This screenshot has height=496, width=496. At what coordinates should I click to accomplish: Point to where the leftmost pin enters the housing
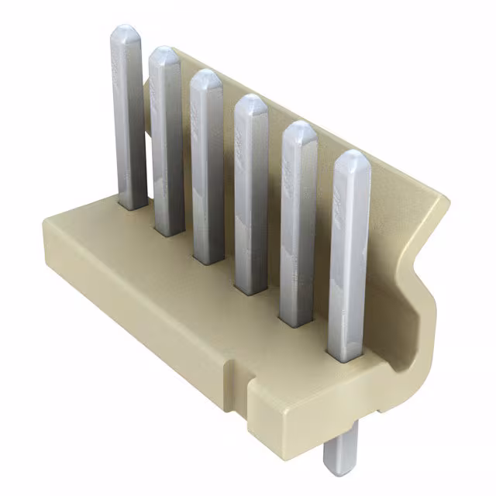133,206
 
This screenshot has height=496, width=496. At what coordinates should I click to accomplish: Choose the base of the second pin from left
169,231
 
